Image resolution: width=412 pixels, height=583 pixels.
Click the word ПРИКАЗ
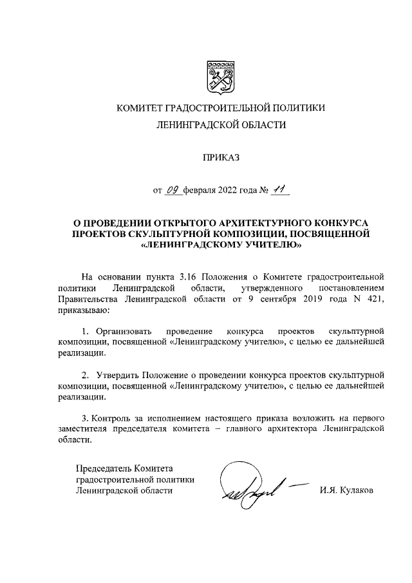click(220, 157)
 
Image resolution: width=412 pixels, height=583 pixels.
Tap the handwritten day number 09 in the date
click(173, 190)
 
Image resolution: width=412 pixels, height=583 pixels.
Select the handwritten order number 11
click(279, 189)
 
